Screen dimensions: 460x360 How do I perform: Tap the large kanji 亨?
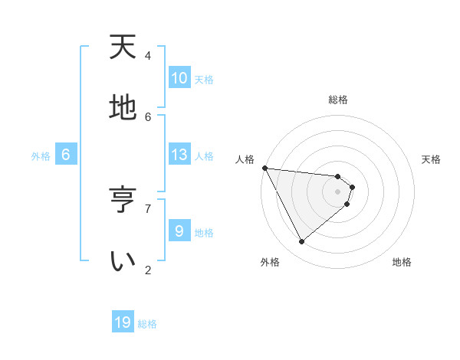[123, 198]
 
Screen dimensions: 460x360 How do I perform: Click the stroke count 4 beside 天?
[148, 56]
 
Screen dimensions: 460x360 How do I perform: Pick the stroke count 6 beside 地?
[148, 116]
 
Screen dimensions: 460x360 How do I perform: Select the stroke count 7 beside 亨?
[148, 208]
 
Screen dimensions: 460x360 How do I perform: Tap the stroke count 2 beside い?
[148, 270]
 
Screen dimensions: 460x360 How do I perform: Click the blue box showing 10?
[179, 78]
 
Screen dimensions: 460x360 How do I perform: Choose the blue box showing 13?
[179, 155]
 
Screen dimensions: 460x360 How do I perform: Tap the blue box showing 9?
[179, 231]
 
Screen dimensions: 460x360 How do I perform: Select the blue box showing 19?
[123, 322]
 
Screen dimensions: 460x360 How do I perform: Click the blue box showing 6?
[66, 155]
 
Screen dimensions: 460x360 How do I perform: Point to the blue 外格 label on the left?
[41, 156]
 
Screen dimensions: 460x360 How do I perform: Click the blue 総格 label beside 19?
[147, 324]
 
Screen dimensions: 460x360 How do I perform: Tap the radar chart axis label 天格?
[432, 159]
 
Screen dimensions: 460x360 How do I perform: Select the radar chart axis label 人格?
[245, 159]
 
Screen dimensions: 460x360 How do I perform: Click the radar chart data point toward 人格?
[264, 168]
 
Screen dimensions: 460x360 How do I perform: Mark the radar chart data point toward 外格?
[301, 241]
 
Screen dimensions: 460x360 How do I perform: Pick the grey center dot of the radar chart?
[337, 191]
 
